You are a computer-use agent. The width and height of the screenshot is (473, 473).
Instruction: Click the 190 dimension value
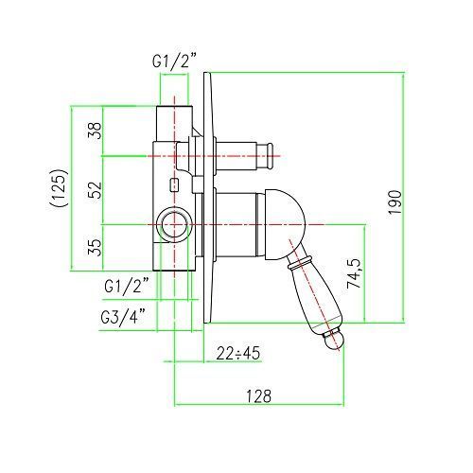pos(394,202)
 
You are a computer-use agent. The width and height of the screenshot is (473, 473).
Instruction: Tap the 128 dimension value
pos(258,396)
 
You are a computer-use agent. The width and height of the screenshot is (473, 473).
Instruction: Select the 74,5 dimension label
pos(354,273)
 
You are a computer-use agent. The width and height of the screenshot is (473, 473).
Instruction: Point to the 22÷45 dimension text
pos(238,353)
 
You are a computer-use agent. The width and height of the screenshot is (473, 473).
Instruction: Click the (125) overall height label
pos(59,187)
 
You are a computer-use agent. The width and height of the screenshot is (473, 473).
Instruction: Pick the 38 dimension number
pos(96,131)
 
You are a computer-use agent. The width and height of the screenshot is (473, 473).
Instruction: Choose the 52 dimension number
pos(96,189)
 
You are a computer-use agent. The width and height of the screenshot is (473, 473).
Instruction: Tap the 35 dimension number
pos(96,247)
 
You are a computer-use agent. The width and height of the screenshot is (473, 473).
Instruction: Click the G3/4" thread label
pos(123,317)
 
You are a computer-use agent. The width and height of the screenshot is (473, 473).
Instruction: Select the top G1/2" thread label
pos(174,61)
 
